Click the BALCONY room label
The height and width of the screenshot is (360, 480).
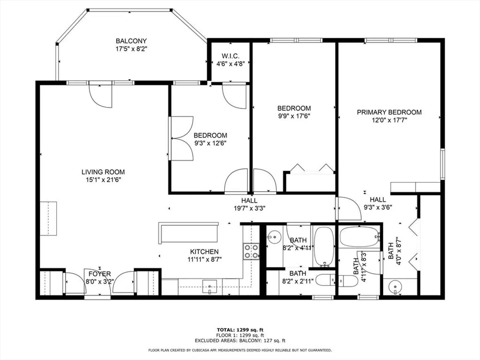click(x=131, y=41)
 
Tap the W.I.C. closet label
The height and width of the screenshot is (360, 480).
click(x=230, y=56)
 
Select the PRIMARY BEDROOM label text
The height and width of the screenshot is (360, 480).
click(x=389, y=112)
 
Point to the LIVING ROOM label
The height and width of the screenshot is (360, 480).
click(x=103, y=172)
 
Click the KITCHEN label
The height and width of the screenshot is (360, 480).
click(x=204, y=252)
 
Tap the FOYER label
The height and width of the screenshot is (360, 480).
click(x=100, y=274)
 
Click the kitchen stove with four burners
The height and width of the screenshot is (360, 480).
click(x=251, y=251)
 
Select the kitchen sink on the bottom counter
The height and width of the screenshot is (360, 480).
click(x=209, y=287)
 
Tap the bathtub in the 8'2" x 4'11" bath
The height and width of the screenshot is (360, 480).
click(x=324, y=247)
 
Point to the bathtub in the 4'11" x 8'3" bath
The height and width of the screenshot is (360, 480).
click(x=360, y=237)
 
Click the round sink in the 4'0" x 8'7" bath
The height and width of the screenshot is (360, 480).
click(x=395, y=287)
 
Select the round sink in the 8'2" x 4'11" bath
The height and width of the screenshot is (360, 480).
click(x=274, y=237)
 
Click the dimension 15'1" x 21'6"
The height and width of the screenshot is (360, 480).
click(x=103, y=180)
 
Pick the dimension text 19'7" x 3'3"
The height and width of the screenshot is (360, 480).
click(x=250, y=208)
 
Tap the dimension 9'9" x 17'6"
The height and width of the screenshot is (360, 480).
click(x=294, y=116)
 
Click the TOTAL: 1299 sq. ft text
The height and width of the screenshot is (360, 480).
click(x=240, y=330)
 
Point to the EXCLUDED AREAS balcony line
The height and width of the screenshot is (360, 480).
click(x=240, y=341)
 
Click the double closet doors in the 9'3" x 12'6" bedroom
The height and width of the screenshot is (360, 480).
click(x=181, y=139)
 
